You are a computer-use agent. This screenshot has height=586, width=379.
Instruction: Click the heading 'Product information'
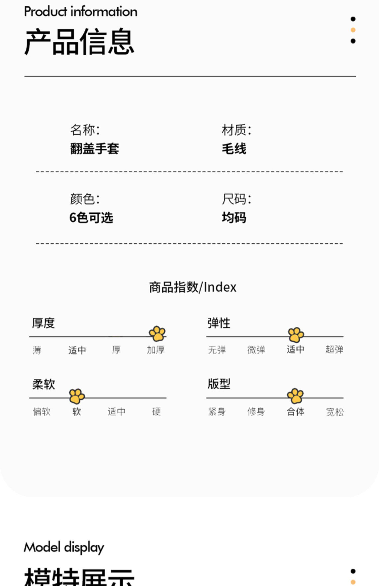[x=81, y=12]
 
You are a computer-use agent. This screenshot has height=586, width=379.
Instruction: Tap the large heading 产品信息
[x=79, y=42]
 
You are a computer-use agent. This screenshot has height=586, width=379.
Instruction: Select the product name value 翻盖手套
[x=94, y=148]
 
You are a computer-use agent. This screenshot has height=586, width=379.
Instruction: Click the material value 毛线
[x=234, y=148]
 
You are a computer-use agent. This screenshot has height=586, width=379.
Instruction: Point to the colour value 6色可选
[x=91, y=218]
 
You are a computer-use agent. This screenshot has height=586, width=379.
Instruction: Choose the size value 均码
[x=234, y=218]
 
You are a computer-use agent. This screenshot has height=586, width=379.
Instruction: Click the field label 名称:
[x=85, y=130]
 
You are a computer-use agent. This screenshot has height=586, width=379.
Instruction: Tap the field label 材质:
[x=236, y=130]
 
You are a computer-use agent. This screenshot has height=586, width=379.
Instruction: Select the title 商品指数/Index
[x=193, y=287]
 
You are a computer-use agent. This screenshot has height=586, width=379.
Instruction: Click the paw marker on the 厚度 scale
[x=157, y=334]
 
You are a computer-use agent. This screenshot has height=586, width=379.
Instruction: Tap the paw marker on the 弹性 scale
[x=296, y=335]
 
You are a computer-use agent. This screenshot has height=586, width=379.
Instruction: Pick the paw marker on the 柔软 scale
[x=77, y=396]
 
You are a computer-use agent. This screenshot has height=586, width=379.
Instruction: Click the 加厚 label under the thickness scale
[x=156, y=350]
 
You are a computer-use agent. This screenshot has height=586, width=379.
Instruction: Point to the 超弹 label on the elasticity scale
[x=334, y=350]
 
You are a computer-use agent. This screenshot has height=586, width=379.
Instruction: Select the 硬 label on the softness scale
[x=156, y=412]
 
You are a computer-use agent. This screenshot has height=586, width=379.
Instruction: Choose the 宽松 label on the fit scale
[x=335, y=412]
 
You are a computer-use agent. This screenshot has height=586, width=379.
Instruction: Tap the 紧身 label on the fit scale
[x=217, y=412]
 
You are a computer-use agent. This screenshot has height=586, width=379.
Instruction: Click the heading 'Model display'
[x=64, y=547]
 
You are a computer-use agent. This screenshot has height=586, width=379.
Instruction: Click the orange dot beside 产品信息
[x=353, y=30]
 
